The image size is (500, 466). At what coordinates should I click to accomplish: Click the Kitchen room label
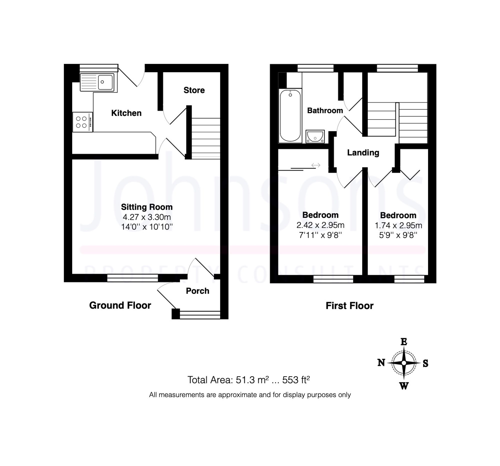pyautogui.click(x=126, y=113)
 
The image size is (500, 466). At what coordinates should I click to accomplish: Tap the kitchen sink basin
pyautogui.click(x=105, y=82)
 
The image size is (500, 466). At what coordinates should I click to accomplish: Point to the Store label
pyautogui.click(x=194, y=90)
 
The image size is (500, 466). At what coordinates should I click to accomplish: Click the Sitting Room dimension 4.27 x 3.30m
pyautogui.click(x=147, y=217)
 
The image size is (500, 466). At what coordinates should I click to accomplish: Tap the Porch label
pyautogui.click(x=197, y=291)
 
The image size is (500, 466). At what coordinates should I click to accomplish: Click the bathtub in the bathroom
pyautogui.click(x=290, y=116)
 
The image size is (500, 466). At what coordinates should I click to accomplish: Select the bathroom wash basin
pyautogui.click(x=315, y=137)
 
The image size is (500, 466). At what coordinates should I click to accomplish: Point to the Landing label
pyautogui.click(x=363, y=153)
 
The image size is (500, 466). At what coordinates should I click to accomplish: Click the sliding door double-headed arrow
pyautogui.click(x=316, y=165)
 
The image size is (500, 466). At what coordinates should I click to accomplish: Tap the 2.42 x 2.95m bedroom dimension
pyautogui.click(x=320, y=225)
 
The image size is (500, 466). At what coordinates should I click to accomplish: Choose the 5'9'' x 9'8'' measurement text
pyautogui.click(x=398, y=235)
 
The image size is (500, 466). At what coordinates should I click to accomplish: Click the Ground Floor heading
pyautogui.click(x=120, y=305)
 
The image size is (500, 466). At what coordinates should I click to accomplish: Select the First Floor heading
pyautogui.click(x=349, y=306)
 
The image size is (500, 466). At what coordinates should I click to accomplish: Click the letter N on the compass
pyautogui.click(x=381, y=363)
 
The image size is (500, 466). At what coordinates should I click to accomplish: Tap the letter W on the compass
pyautogui.click(x=404, y=386)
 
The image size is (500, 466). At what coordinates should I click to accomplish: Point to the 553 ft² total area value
pyautogui.click(x=296, y=380)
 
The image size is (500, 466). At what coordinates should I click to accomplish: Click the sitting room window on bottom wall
pyautogui.click(x=132, y=278)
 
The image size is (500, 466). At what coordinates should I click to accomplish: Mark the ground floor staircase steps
pyautogui.click(x=206, y=138)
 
